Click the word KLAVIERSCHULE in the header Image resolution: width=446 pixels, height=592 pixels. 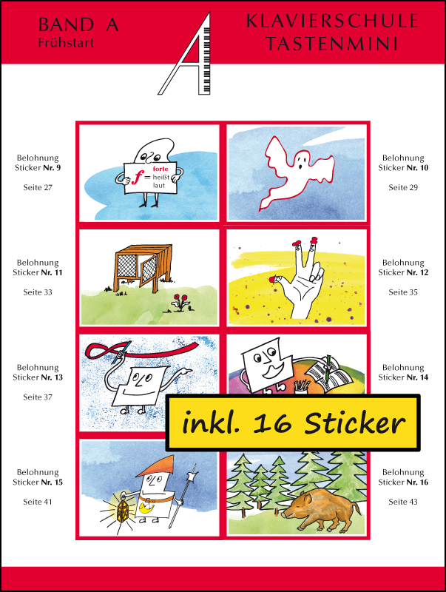[x=332, y=21]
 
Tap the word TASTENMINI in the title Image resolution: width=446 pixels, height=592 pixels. [x=332, y=43]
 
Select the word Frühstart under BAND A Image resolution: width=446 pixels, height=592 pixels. [x=66, y=43]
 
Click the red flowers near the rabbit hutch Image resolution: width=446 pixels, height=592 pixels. [x=180, y=302]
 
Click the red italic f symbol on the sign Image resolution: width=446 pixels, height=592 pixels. [x=136, y=178]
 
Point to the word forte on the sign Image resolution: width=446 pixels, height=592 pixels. [x=161, y=169]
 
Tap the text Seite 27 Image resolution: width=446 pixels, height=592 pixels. [x=38, y=187]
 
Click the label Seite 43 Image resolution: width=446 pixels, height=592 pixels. [x=403, y=502]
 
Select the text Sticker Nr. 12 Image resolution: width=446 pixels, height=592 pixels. [x=403, y=272]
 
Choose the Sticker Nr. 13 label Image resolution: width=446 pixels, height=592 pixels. [x=38, y=377]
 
